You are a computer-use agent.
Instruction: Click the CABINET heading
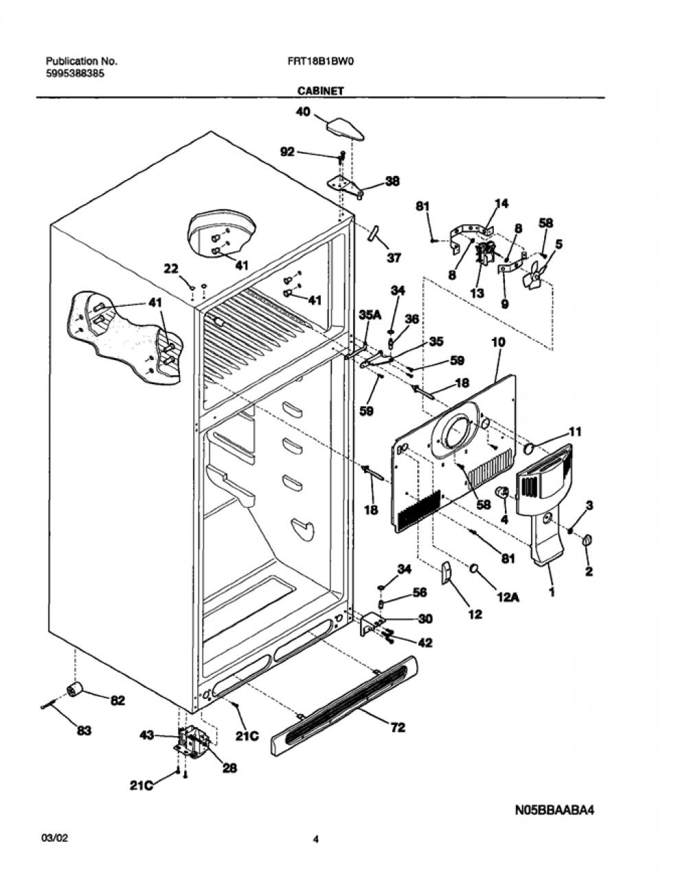(x=321, y=91)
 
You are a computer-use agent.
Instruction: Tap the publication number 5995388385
(x=75, y=74)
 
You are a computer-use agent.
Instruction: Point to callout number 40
(x=303, y=111)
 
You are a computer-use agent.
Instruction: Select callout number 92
(x=287, y=153)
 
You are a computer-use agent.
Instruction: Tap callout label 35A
(x=370, y=315)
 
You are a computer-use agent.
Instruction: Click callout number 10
(x=498, y=342)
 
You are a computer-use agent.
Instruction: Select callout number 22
(x=172, y=268)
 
